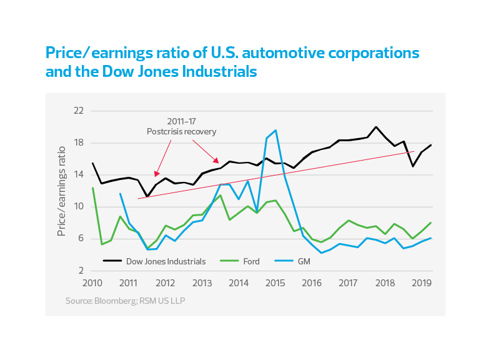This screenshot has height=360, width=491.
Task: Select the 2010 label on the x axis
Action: tap(92, 282)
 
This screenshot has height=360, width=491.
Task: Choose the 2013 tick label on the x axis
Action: tap(201, 282)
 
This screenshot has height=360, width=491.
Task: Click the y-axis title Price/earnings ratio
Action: tap(61, 191)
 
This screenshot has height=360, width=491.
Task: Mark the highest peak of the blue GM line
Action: tap(275, 130)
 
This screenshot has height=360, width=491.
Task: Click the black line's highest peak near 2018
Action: tap(376, 127)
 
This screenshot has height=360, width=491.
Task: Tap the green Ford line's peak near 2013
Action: tap(220, 195)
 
